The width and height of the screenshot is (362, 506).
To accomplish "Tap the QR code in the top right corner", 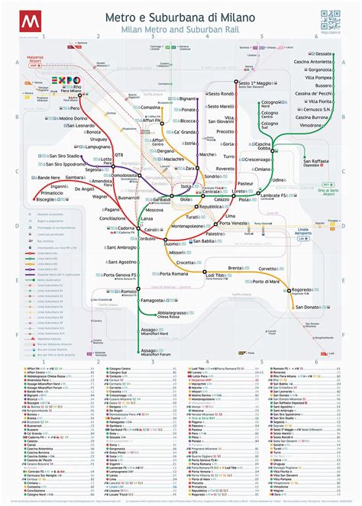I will tap(330, 18).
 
